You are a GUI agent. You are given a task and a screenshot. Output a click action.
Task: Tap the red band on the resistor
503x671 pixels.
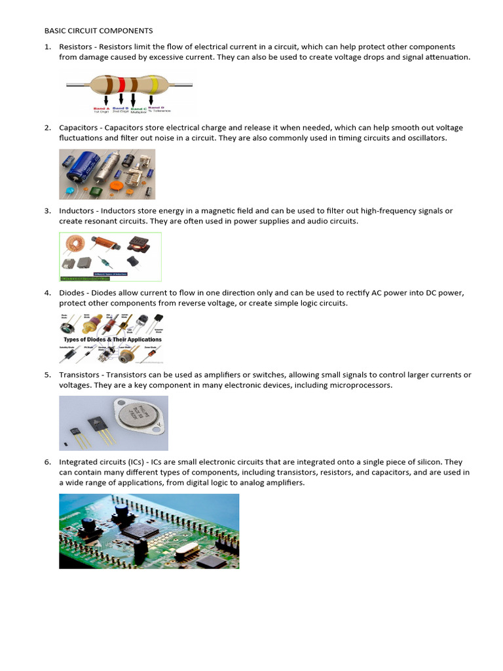click(121, 85)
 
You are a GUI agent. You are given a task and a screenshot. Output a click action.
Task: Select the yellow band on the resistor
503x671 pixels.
click(153, 84)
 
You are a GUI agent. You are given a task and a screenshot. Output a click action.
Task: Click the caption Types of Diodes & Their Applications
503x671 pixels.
click(112, 339)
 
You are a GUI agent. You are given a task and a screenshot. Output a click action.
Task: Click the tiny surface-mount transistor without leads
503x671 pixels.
click(64, 445)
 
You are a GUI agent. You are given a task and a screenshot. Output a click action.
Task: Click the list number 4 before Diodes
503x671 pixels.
click(47, 293)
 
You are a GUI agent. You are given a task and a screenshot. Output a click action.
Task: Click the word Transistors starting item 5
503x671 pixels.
click(79, 375)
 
